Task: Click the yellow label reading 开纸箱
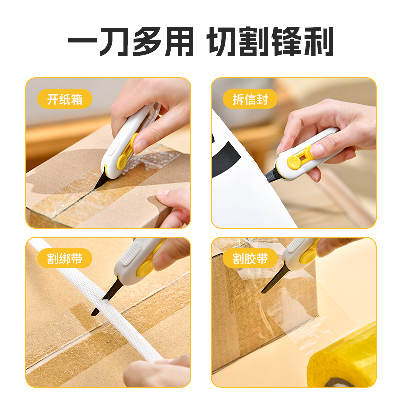pos(65,99)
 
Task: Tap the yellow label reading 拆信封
pos(250,99)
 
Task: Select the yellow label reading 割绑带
pos(65,258)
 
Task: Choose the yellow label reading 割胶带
pos(250,258)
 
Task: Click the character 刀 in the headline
pos(113,41)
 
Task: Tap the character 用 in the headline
pos(179,41)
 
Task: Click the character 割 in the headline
pos(254,41)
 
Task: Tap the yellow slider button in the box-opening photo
pos(123,161)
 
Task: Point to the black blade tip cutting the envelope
pos(271,176)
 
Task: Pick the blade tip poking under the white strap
pos(95,312)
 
